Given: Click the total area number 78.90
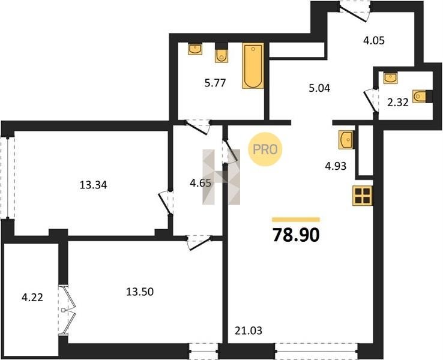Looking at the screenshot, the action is (x=296, y=235).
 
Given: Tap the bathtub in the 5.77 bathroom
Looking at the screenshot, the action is (x=253, y=66).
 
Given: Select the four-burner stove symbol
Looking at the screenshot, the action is (x=363, y=196).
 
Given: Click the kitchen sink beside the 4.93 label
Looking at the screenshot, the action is (x=346, y=139).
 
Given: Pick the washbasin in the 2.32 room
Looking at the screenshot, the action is (x=390, y=77).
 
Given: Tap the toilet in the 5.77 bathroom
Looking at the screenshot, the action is (x=221, y=53).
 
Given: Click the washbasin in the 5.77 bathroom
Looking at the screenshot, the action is (x=195, y=49).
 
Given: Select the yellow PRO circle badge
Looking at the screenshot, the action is (x=265, y=149).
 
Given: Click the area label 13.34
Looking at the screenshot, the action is (x=93, y=185).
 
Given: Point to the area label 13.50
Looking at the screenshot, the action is (x=140, y=292).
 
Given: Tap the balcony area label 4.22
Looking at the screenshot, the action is (x=32, y=298).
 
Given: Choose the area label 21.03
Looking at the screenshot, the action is (x=249, y=331).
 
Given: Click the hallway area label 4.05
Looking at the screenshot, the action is (x=374, y=41).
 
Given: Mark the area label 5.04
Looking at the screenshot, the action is (x=319, y=88).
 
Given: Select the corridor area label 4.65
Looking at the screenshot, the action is (x=200, y=183).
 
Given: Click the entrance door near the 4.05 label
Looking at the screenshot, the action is (x=355, y=11).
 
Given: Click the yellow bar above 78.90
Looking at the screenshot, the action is (x=296, y=220).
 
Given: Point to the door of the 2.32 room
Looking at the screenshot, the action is (x=371, y=101).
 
